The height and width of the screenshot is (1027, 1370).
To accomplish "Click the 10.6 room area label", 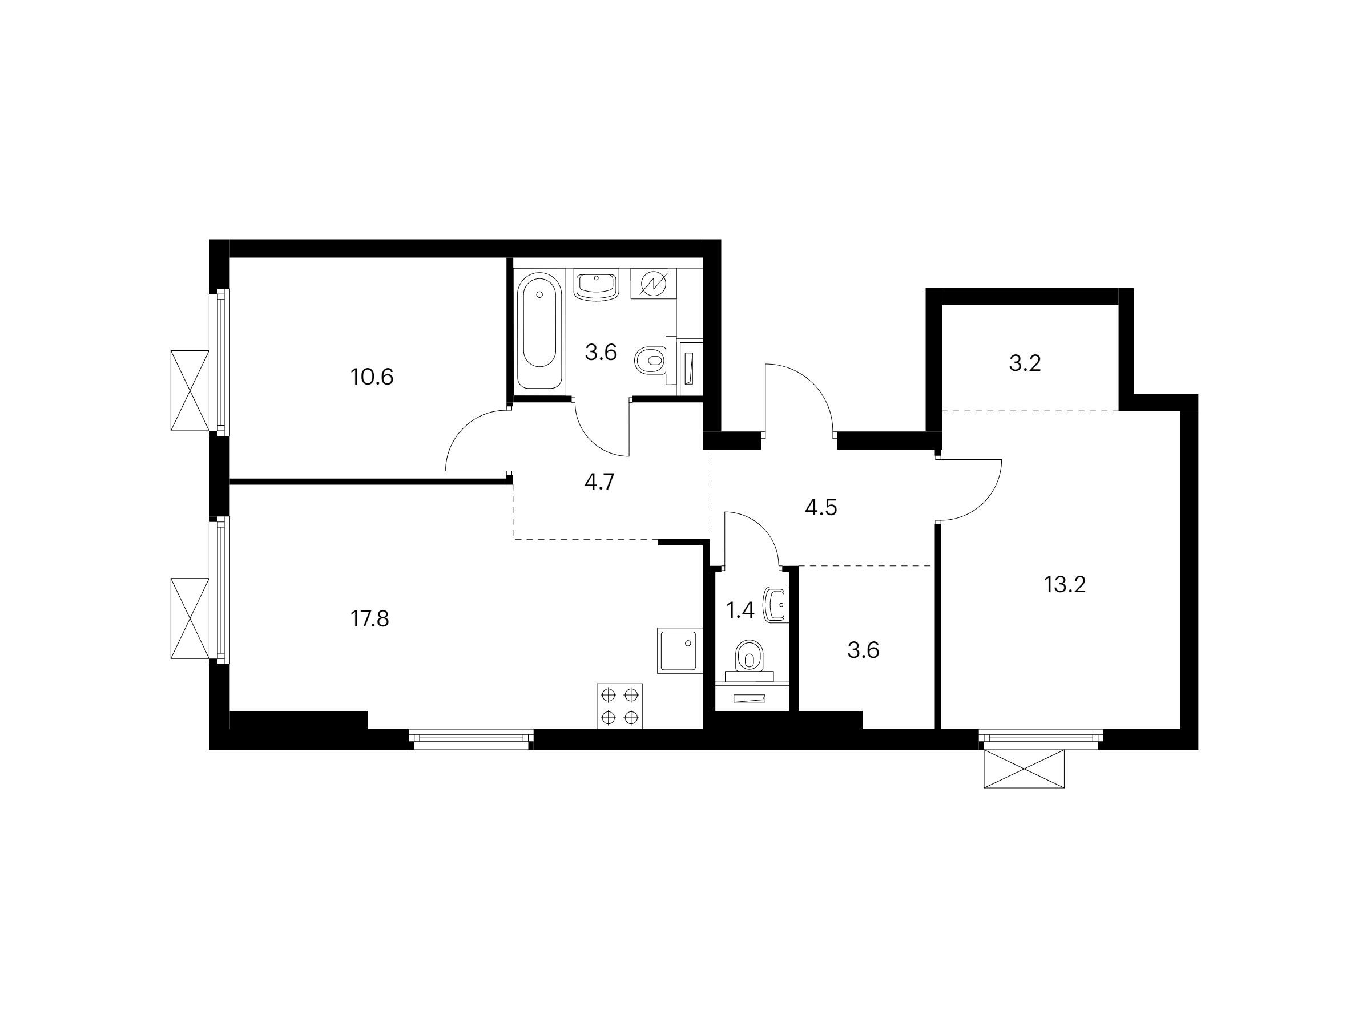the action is click(372, 377).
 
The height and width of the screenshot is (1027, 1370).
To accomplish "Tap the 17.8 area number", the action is click(370, 618).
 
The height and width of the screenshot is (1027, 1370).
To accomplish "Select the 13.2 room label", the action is click(1065, 584).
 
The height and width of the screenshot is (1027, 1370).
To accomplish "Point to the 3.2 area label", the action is click(1025, 363).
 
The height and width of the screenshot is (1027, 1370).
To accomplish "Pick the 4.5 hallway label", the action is click(821, 508).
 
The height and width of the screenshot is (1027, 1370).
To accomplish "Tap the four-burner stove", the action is click(619, 706).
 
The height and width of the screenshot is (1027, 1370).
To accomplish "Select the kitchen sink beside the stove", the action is click(680, 650).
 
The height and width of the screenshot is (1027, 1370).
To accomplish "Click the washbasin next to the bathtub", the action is click(597, 284).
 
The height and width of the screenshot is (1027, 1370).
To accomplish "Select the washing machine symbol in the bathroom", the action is click(654, 284).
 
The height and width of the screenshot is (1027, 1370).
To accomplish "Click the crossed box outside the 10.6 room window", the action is click(190, 390).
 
